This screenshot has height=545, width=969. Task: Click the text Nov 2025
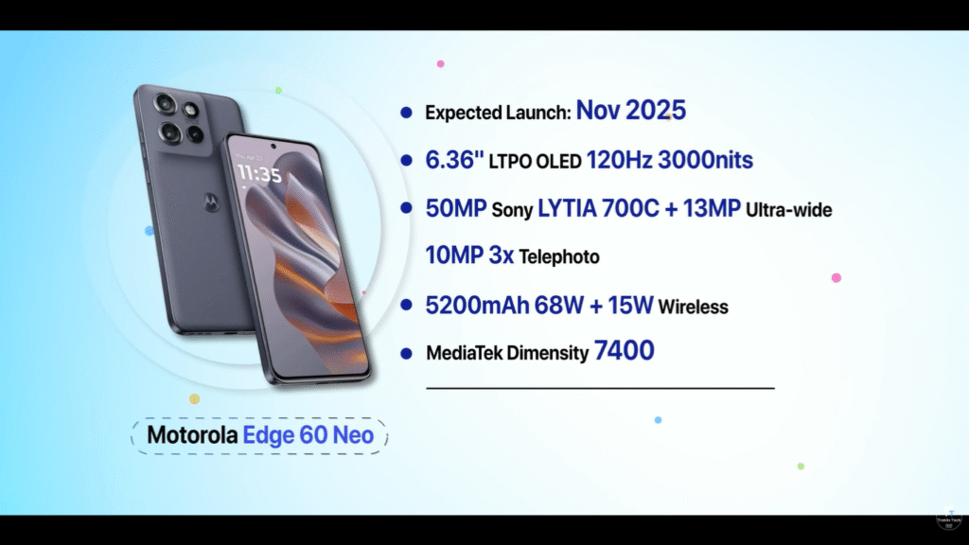tap(630, 112)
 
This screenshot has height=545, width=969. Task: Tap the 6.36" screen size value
tap(455, 160)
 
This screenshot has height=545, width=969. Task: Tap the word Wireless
tap(693, 307)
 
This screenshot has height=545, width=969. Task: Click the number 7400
tap(624, 352)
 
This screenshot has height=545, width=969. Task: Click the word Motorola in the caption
tap(192, 436)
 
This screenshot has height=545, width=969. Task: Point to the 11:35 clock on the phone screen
tap(259, 174)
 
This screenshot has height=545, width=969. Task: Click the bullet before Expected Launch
tap(406, 113)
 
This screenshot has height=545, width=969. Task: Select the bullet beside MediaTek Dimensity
tap(406, 354)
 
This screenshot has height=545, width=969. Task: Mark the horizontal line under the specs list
tap(600, 388)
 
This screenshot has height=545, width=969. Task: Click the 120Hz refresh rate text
tap(619, 160)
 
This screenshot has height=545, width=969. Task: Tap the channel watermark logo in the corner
tap(947, 523)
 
